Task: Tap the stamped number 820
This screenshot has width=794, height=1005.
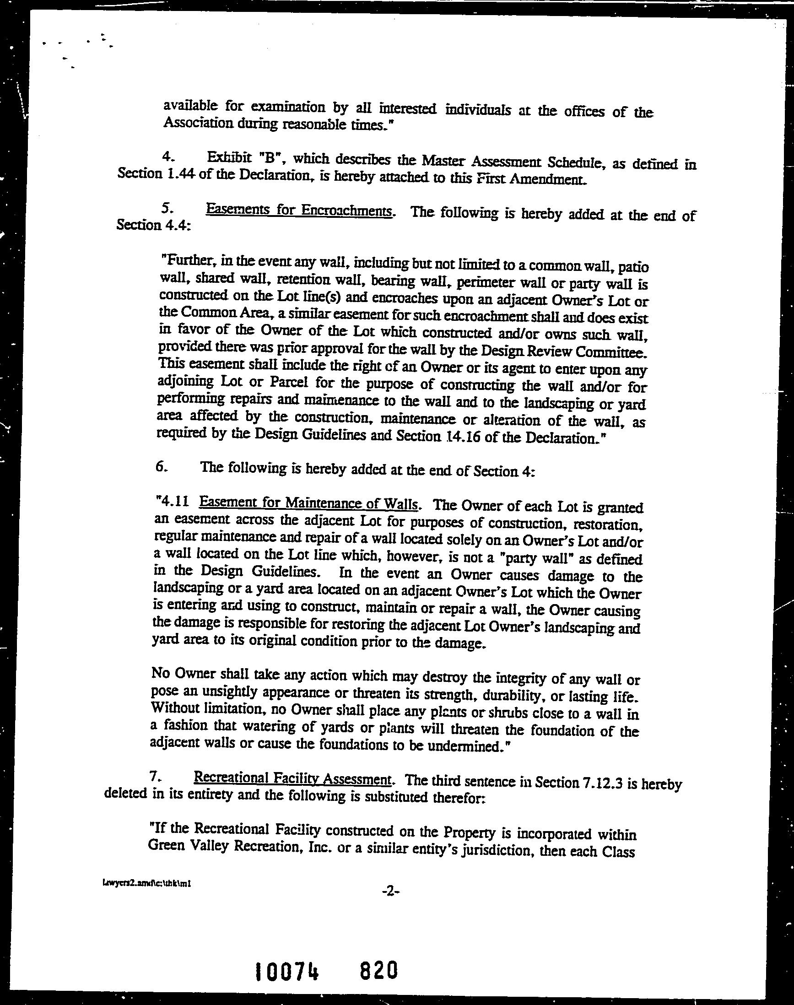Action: click(378, 967)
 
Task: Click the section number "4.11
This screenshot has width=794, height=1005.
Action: click(173, 501)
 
